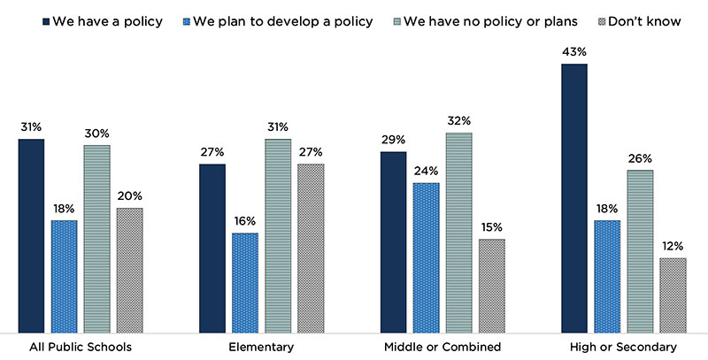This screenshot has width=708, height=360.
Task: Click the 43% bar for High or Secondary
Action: [x=573, y=197]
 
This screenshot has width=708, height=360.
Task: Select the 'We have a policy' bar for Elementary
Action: [x=212, y=248]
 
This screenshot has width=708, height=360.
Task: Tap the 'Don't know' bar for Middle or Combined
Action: [x=491, y=285]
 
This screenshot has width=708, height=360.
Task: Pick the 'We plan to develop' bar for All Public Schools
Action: [x=64, y=275]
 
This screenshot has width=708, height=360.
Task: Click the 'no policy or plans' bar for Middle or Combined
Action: [x=458, y=232]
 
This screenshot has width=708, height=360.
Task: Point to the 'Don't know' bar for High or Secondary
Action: [x=673, y=295]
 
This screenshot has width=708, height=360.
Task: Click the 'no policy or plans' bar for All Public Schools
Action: [x=96, y=238]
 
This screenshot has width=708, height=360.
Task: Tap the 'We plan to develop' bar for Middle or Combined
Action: [x=426, y=257]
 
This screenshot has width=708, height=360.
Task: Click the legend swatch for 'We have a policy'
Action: [x=42, y=19]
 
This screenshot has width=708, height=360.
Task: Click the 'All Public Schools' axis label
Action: [x=81, y=347]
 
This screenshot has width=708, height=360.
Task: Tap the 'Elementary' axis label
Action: [x=262, y=347]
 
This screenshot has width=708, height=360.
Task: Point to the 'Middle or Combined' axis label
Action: [x=442, y=347]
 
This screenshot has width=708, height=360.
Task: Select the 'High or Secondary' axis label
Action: [x=623, y=347]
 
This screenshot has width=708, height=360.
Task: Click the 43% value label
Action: [x=573, y=51]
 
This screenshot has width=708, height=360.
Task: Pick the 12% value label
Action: [x=673, y=245]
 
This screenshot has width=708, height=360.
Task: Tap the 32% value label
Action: [x=458, y=120]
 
